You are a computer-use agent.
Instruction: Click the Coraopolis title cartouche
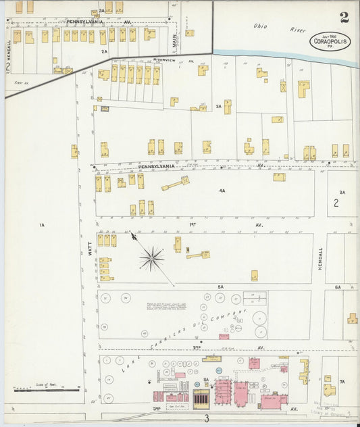(x=330, y=41)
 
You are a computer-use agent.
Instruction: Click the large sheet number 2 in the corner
(x=344, y=18)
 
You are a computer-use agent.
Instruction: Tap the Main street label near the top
(x=174, y=40)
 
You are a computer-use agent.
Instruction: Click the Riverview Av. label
(x=165, y=60)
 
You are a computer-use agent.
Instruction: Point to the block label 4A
(x=222, y=191)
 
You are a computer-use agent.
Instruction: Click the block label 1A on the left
(x=41, y=224)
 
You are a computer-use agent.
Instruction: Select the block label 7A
(x=342, y=382)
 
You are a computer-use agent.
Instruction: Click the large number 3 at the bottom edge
(x=207, y=418)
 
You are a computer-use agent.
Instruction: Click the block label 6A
(x=337, y=287)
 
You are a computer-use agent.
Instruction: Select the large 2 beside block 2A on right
(x=336, y=203)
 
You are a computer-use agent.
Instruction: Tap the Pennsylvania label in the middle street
(x=157, y=166)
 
